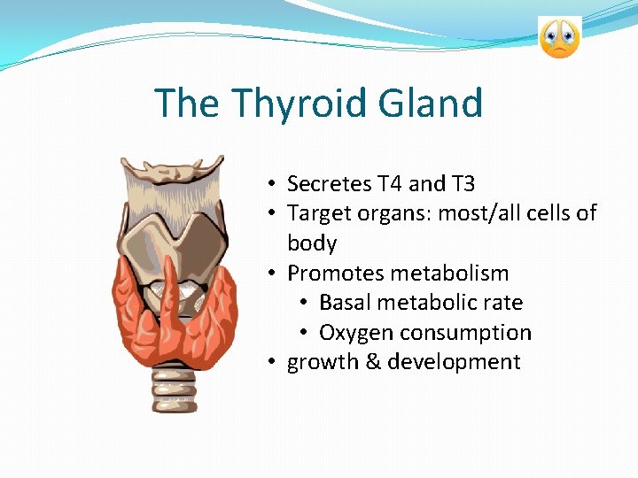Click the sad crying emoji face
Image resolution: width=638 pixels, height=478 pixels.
559,38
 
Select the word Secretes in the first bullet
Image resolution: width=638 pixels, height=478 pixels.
330,184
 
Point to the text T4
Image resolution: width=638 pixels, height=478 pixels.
391,184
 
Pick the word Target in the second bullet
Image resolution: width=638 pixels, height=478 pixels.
314,213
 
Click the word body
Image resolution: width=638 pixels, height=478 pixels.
312,243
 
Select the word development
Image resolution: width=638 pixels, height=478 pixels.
454,362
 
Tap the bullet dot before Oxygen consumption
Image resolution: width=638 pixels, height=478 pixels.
303,333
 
